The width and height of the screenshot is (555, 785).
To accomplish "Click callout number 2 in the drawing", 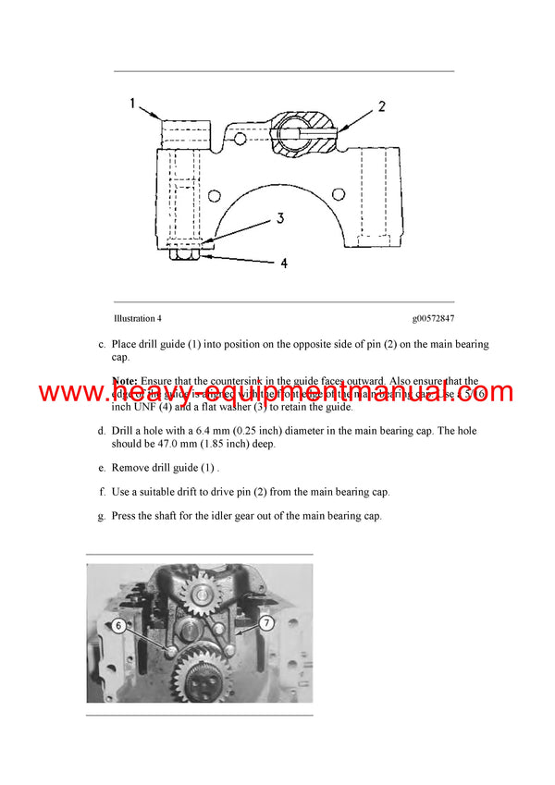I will coord(381,107).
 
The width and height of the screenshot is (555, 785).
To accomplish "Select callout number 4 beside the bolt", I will coord(283,264).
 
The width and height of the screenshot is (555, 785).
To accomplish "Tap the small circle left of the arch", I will coord(215,195).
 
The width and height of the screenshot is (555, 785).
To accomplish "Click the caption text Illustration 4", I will coord(137,319).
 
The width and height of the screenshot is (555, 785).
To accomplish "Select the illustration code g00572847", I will coord(433,319).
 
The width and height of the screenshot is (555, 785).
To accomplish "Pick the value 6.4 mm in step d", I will coord(218,431).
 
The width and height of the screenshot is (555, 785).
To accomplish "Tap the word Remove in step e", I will coord(130,468).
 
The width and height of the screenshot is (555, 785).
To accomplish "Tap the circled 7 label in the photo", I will coord(267,624).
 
